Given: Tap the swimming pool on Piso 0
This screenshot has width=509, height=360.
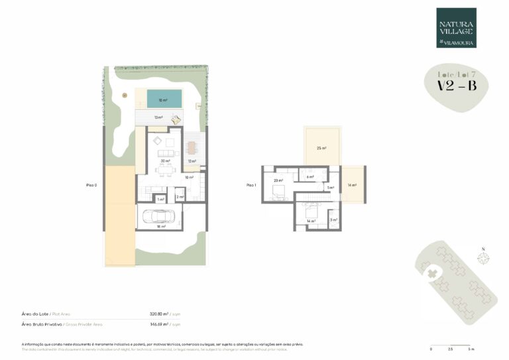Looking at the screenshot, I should [x=162, y=100].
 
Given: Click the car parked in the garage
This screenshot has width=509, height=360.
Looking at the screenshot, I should [x=160, y=215].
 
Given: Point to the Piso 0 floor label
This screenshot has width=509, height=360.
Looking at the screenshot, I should [x=91, y=186].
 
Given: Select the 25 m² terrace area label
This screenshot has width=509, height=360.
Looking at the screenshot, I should [x=321, y=148].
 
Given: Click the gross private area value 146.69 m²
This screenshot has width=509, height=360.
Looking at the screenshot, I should [x=160, y=325].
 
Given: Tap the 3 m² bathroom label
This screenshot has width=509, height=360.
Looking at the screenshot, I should [x=334, y=219].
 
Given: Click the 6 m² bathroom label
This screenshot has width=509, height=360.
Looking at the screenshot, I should [x=310, y=177].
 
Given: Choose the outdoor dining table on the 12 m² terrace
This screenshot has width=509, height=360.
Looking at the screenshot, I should [x=192, y=147].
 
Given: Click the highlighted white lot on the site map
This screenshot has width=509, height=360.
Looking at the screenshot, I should [x=431, y=273].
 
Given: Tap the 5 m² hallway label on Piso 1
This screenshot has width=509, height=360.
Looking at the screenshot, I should [x=330, y=188].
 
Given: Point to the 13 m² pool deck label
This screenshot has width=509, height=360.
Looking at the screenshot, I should [x=158, y=117].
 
